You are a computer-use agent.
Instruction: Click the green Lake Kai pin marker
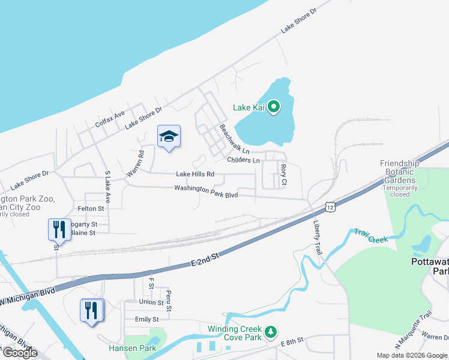[274, 107]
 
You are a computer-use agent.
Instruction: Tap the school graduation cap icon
[169, 137]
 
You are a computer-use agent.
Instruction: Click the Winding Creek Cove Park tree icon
[271, 331]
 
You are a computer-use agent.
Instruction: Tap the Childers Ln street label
[243, 160]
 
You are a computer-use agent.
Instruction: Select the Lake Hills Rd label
[195, 174]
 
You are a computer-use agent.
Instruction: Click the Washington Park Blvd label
[206, 191]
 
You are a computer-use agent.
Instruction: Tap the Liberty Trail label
[317, 237]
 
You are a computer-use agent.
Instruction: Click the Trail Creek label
[370, 235]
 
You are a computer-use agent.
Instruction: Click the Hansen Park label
[132, 348]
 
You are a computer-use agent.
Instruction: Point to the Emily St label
[147, 320]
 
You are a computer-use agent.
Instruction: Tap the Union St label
[151, 302]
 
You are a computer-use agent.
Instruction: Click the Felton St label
[91, 208]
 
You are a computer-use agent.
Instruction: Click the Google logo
[20, 352]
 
